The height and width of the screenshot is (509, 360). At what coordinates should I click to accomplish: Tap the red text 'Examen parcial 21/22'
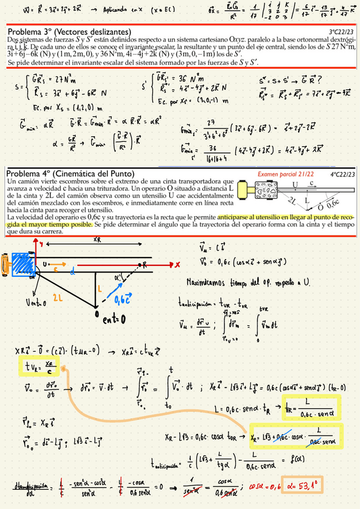(277, 173)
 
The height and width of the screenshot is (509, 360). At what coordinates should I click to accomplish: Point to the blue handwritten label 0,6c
(124, 298)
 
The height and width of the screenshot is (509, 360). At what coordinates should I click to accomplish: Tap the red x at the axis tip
(178, 264)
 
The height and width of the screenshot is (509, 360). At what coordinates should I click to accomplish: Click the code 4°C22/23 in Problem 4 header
(341, 174)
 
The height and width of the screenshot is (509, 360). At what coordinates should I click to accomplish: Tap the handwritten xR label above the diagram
(97, 238)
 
